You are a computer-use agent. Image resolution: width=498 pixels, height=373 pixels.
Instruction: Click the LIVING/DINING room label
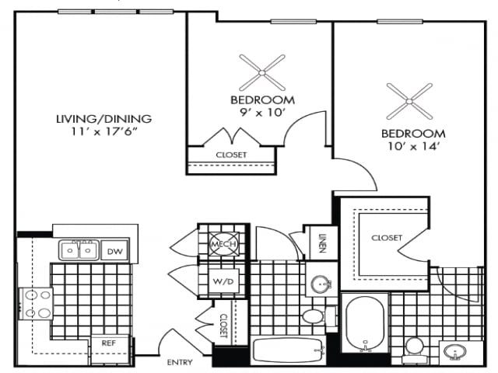(x=103, y=119)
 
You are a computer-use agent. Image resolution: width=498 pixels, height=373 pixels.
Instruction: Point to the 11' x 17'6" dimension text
(x=103, y=132)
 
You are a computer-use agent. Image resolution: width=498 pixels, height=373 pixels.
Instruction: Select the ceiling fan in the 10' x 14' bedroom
(x=409, y=102)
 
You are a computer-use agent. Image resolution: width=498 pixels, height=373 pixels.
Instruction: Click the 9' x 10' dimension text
(x=262, y=113)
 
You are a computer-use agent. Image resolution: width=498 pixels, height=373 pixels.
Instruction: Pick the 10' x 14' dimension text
(x=413, y=145)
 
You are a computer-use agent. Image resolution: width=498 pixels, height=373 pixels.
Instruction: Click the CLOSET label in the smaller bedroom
(x=231, y=155)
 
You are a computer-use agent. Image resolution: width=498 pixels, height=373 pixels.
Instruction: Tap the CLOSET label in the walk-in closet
(x=386, y=238)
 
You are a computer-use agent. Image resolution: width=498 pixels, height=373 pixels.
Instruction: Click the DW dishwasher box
(x=114, y=251)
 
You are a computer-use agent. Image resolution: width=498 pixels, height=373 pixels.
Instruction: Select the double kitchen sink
(x=79, y=250)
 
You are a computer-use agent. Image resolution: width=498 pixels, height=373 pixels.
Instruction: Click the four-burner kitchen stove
(x=36, y=304)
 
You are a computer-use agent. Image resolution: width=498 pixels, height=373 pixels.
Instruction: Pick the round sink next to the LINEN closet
(x=318, y=284)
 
